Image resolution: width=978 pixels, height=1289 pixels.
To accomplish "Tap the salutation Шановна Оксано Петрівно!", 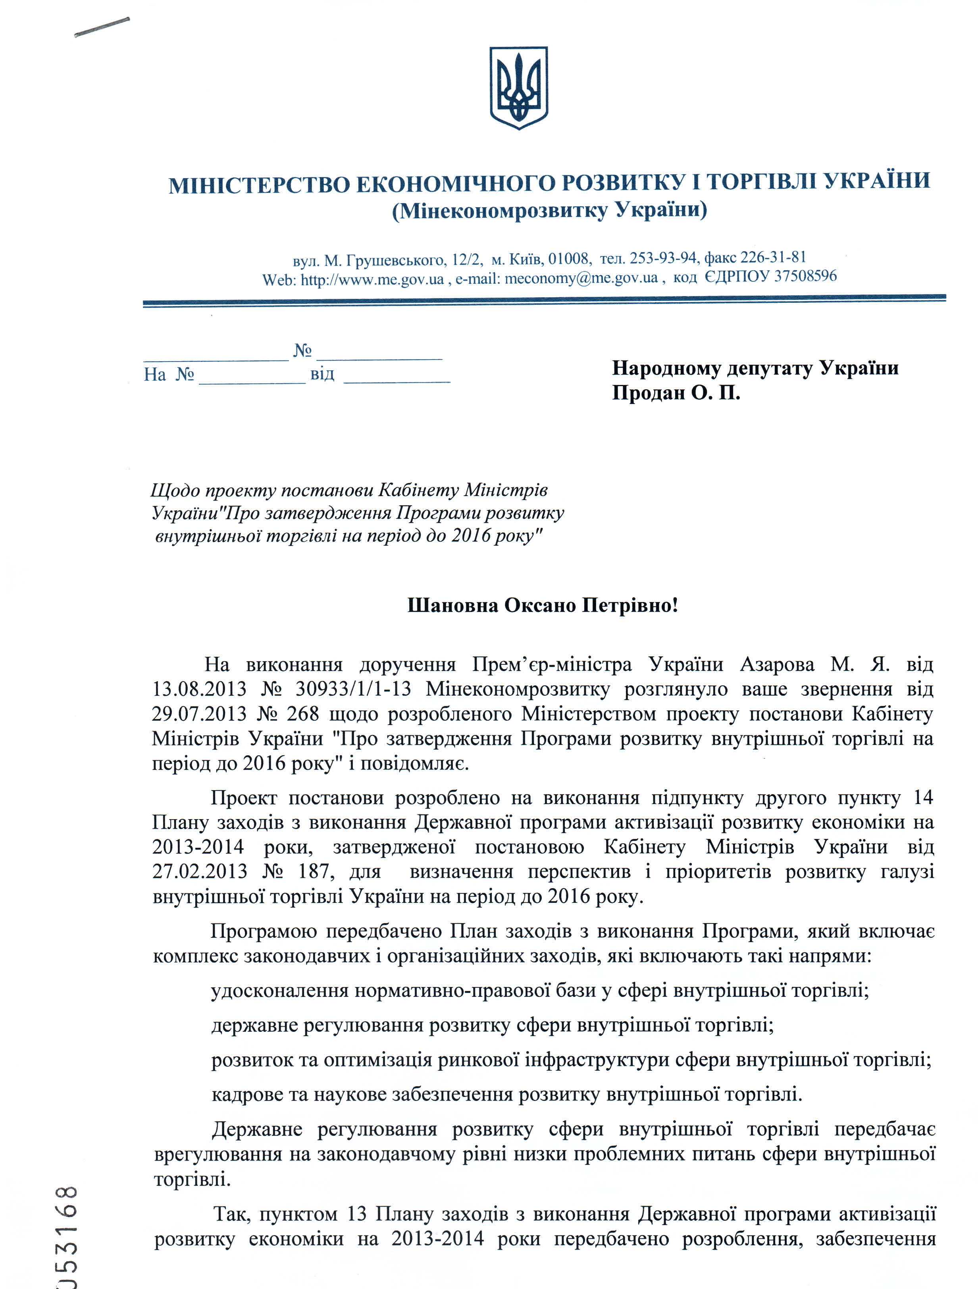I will click(543, 606).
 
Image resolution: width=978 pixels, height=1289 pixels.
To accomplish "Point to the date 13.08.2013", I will click(199, 689).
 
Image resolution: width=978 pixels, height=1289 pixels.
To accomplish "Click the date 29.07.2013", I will click(199, 714).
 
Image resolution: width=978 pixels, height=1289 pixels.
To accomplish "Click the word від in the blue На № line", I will click(322, 373).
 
